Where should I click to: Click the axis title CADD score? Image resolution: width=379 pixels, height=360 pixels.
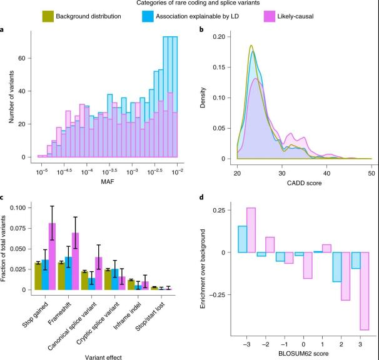[305, 181]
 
